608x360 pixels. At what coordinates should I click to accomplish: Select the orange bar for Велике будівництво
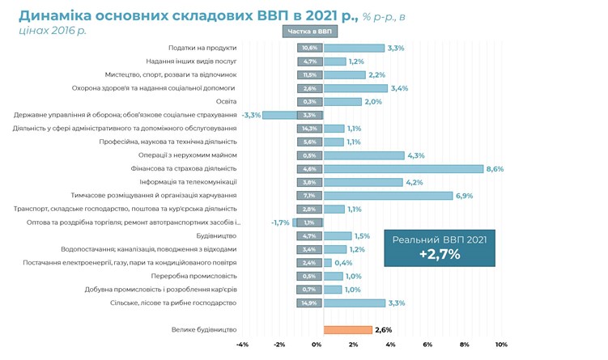pos(348,329)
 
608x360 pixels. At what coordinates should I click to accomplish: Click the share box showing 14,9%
pos(309,303)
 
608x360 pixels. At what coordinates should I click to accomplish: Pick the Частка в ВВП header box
pos(309,32)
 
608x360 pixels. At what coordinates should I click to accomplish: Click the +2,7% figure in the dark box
pos(439,254)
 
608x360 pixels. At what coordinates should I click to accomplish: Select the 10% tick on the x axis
pos(500,345)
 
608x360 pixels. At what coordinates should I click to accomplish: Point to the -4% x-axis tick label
pos(242,345)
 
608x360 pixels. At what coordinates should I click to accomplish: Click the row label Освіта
pos(224,102)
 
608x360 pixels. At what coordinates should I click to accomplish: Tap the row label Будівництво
pos(216,235)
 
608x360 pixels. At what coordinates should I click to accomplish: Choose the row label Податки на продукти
pos(202,49)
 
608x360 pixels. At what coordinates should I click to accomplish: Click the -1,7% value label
pos(280,222)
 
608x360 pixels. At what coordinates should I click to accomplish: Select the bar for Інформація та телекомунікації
pos(363,182)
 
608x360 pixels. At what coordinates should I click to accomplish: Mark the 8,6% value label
pos(495,168)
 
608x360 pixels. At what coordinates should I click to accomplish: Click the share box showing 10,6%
pos(309,49)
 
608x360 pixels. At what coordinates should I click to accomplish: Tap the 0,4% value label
pos(343,262)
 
